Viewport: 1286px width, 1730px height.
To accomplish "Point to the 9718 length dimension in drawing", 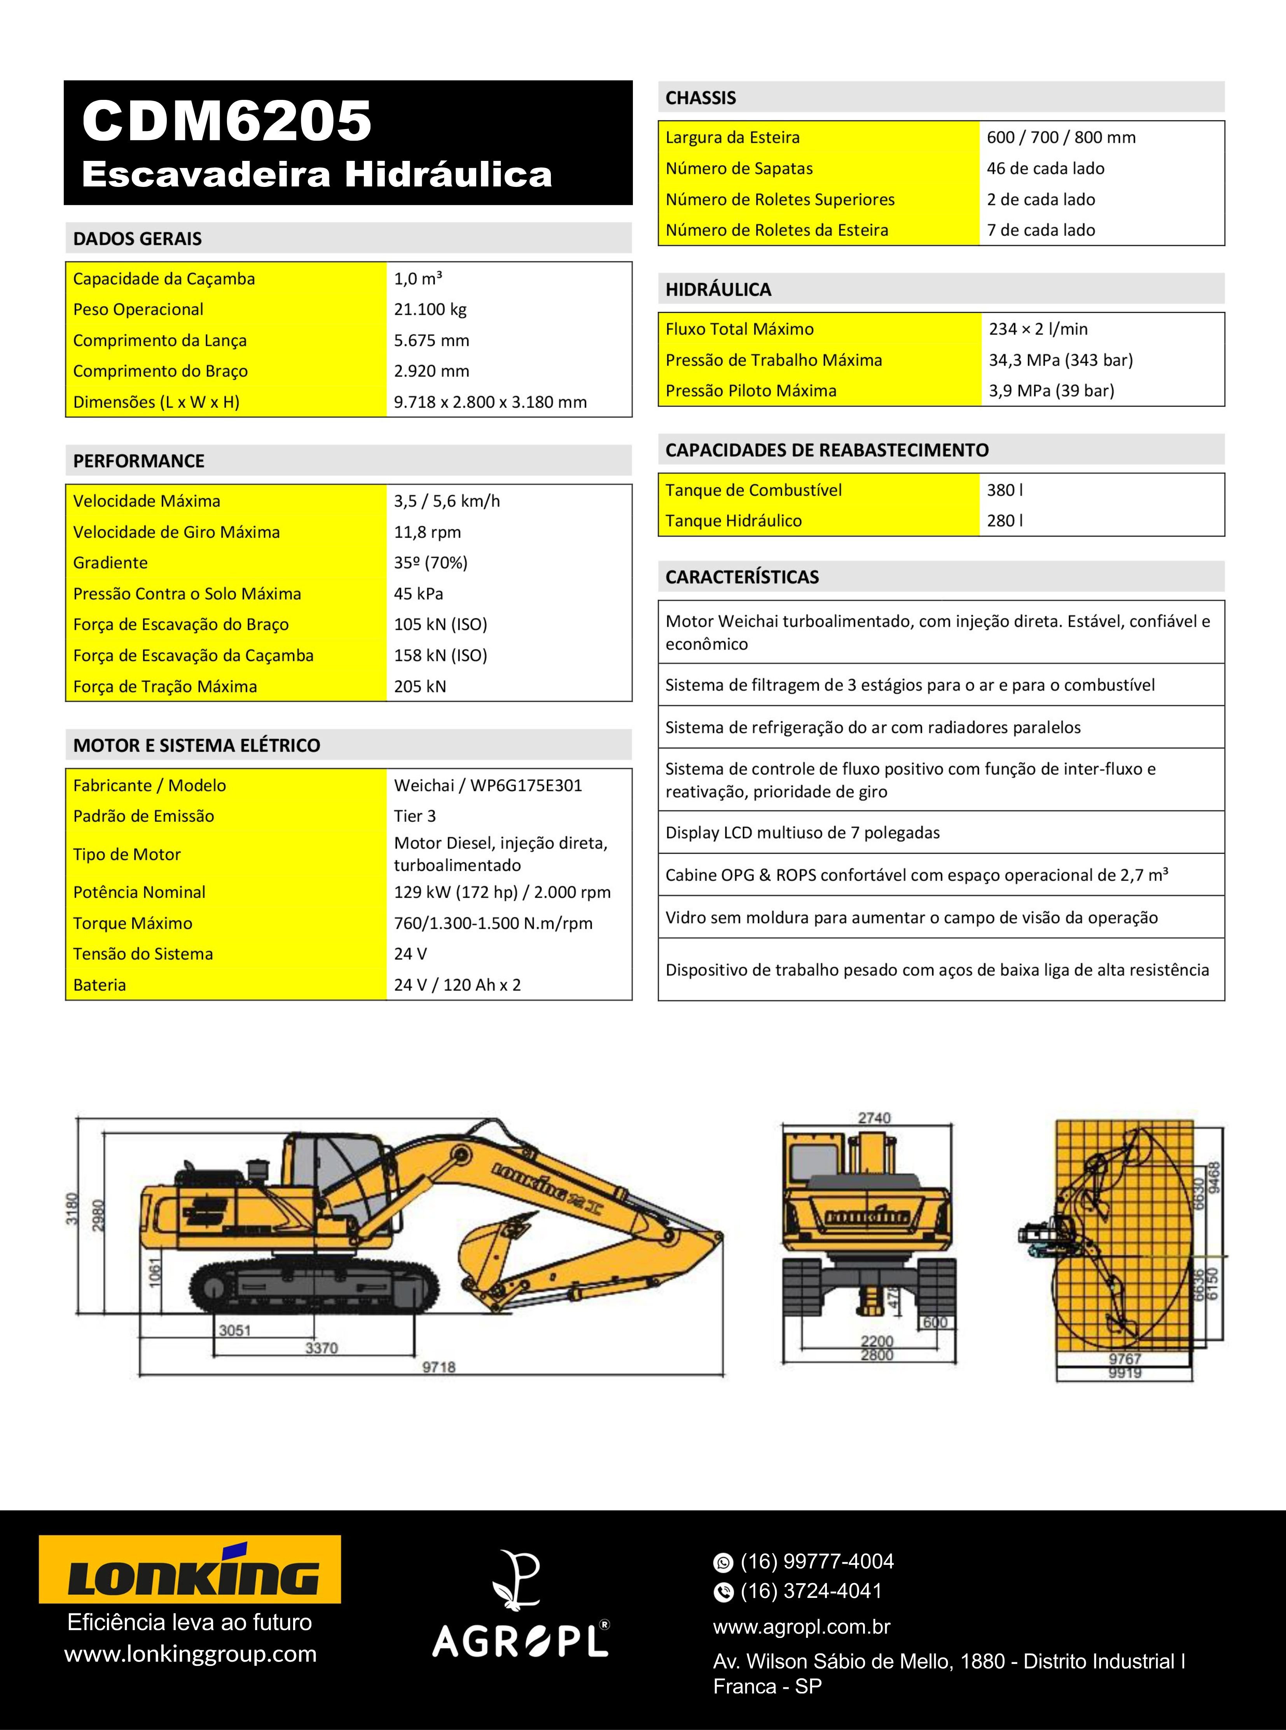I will tap(438, 1367).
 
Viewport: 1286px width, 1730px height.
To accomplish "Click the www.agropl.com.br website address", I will tap(801, 1627).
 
